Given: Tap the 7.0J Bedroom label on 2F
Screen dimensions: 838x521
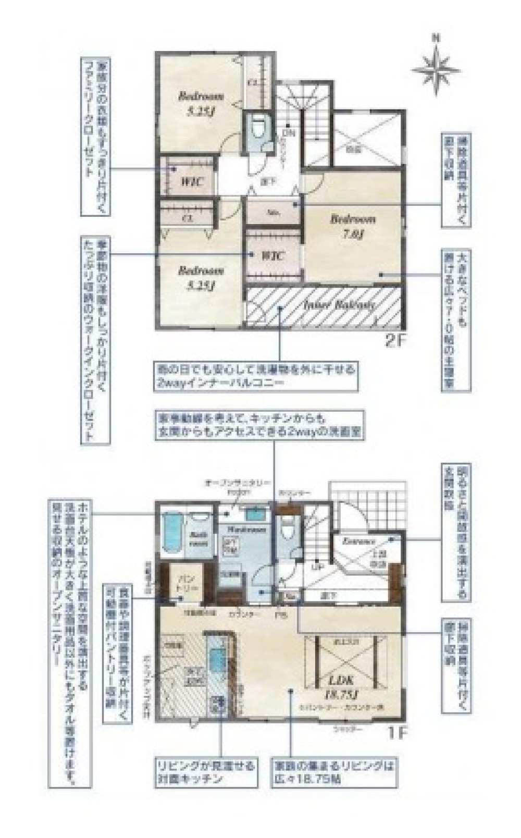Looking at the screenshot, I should tap(353, 226).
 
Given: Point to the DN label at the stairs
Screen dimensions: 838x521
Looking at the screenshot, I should tap(289, 133).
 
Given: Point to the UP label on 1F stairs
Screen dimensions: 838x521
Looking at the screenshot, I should tap(315, 566).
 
